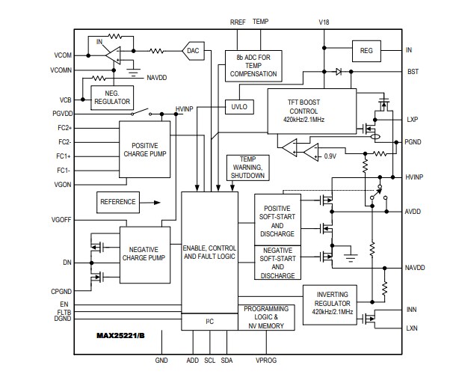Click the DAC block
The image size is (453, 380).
coord(194,51)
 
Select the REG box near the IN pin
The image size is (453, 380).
coord(366,51)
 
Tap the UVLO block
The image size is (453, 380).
coord(239,107)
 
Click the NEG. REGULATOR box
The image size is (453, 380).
coord(111,96)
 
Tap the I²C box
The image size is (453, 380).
coord(209,322)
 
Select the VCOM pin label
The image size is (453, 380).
coord(63,56)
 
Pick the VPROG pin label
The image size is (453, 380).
coord(265,360)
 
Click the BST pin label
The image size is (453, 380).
coord(412,72)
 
